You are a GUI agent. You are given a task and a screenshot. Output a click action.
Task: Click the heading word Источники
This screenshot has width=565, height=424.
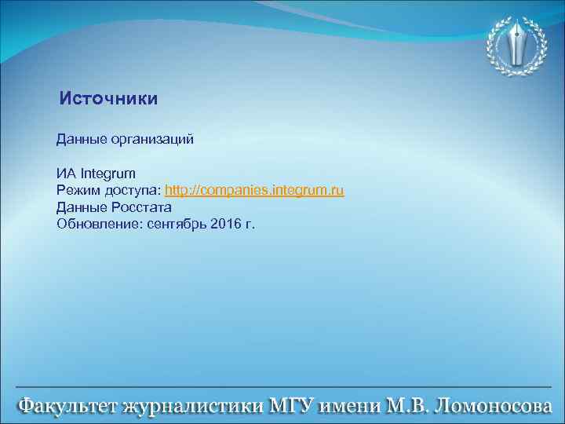tap(109, 99)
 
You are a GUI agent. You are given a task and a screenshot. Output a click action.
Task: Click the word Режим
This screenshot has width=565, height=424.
tap(78, 191)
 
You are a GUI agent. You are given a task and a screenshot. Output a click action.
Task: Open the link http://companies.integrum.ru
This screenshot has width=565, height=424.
tap(254, 191)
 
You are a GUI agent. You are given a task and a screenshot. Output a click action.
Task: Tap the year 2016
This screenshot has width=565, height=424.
tap(226, 225)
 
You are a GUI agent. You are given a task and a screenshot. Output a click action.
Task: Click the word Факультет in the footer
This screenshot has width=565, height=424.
tap(67, 407)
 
